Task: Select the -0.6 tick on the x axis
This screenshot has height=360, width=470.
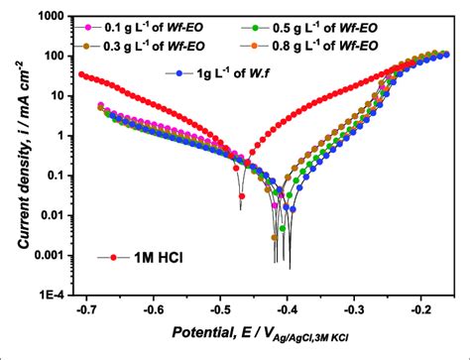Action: tap(154, 308)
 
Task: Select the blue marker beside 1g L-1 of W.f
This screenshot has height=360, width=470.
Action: tap(179, 73)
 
